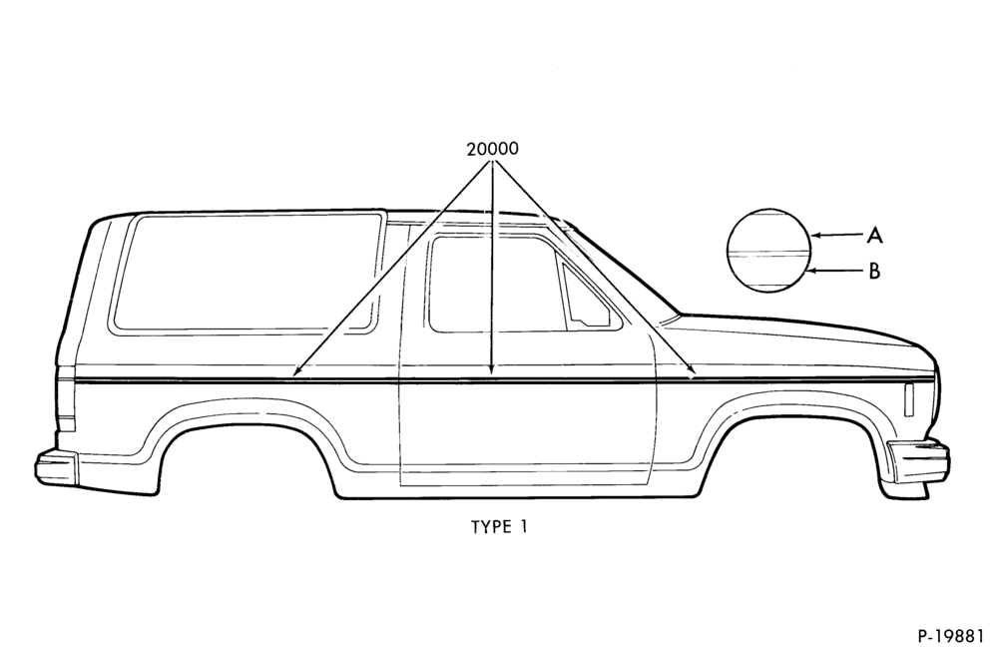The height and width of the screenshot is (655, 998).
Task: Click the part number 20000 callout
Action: (x=492, y=149)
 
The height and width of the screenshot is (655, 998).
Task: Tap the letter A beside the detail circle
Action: (x=874, y=236)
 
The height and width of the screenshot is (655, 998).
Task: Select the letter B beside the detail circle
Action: (x=874, y=272)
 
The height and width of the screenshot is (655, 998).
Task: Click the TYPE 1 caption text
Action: (x=499, y=527)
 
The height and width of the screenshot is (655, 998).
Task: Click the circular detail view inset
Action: (x=768, y=251)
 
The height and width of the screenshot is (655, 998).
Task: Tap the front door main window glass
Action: (x=496, y=284)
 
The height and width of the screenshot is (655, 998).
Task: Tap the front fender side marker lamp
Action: (x=909, y=399)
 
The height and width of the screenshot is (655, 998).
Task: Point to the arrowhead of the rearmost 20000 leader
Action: (x=296, y=371)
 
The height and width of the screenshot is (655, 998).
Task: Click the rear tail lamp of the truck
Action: (x=66, y=397)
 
